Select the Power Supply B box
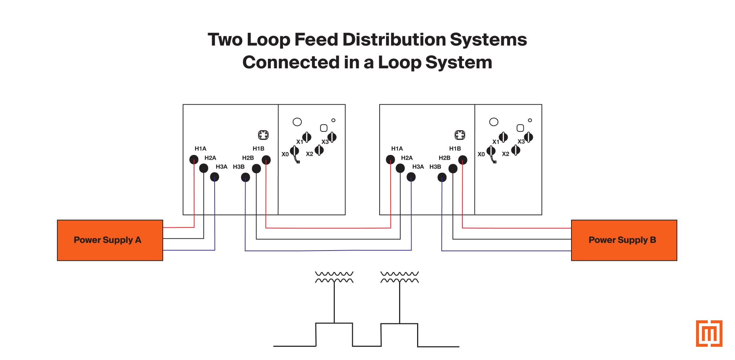(624, 240)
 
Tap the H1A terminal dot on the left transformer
(194, 159)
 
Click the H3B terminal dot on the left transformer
(245, 178)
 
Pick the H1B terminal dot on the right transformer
(463, 160)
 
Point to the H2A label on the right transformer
(406, 158)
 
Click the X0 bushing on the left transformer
(294, 151)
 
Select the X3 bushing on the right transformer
(528, 137)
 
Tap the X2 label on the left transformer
(309, 154)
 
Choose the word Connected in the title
(291, 62)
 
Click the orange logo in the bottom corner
(709, 333)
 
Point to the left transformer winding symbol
(334, 277)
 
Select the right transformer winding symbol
(399, 277)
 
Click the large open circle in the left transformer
(297, 122)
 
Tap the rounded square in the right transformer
(520, 128)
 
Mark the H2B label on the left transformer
(248, 158)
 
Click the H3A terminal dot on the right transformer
(411, 177)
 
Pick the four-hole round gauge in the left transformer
(263, 135)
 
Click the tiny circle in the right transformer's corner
(530, 120)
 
